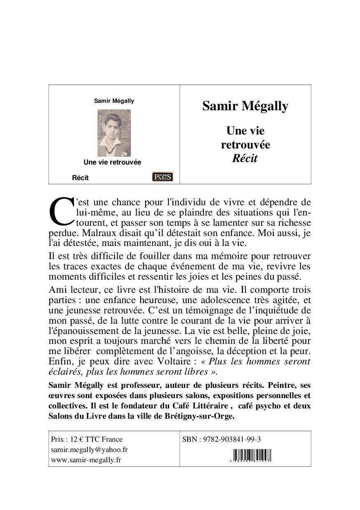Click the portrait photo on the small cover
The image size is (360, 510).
(x=114, y=133)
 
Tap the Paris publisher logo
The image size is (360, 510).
(x=163, y=176)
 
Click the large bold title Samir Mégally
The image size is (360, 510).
(x=245, y=106)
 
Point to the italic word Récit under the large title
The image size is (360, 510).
(x=245, y=158)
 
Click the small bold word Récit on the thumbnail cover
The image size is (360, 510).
(x=80, y=178)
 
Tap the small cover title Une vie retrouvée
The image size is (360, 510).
(x=112, y=162)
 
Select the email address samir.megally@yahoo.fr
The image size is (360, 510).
(x=89, y=450)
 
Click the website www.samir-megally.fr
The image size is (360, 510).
(x=86, y=460)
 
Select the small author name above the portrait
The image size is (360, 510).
(x=114, y=101)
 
